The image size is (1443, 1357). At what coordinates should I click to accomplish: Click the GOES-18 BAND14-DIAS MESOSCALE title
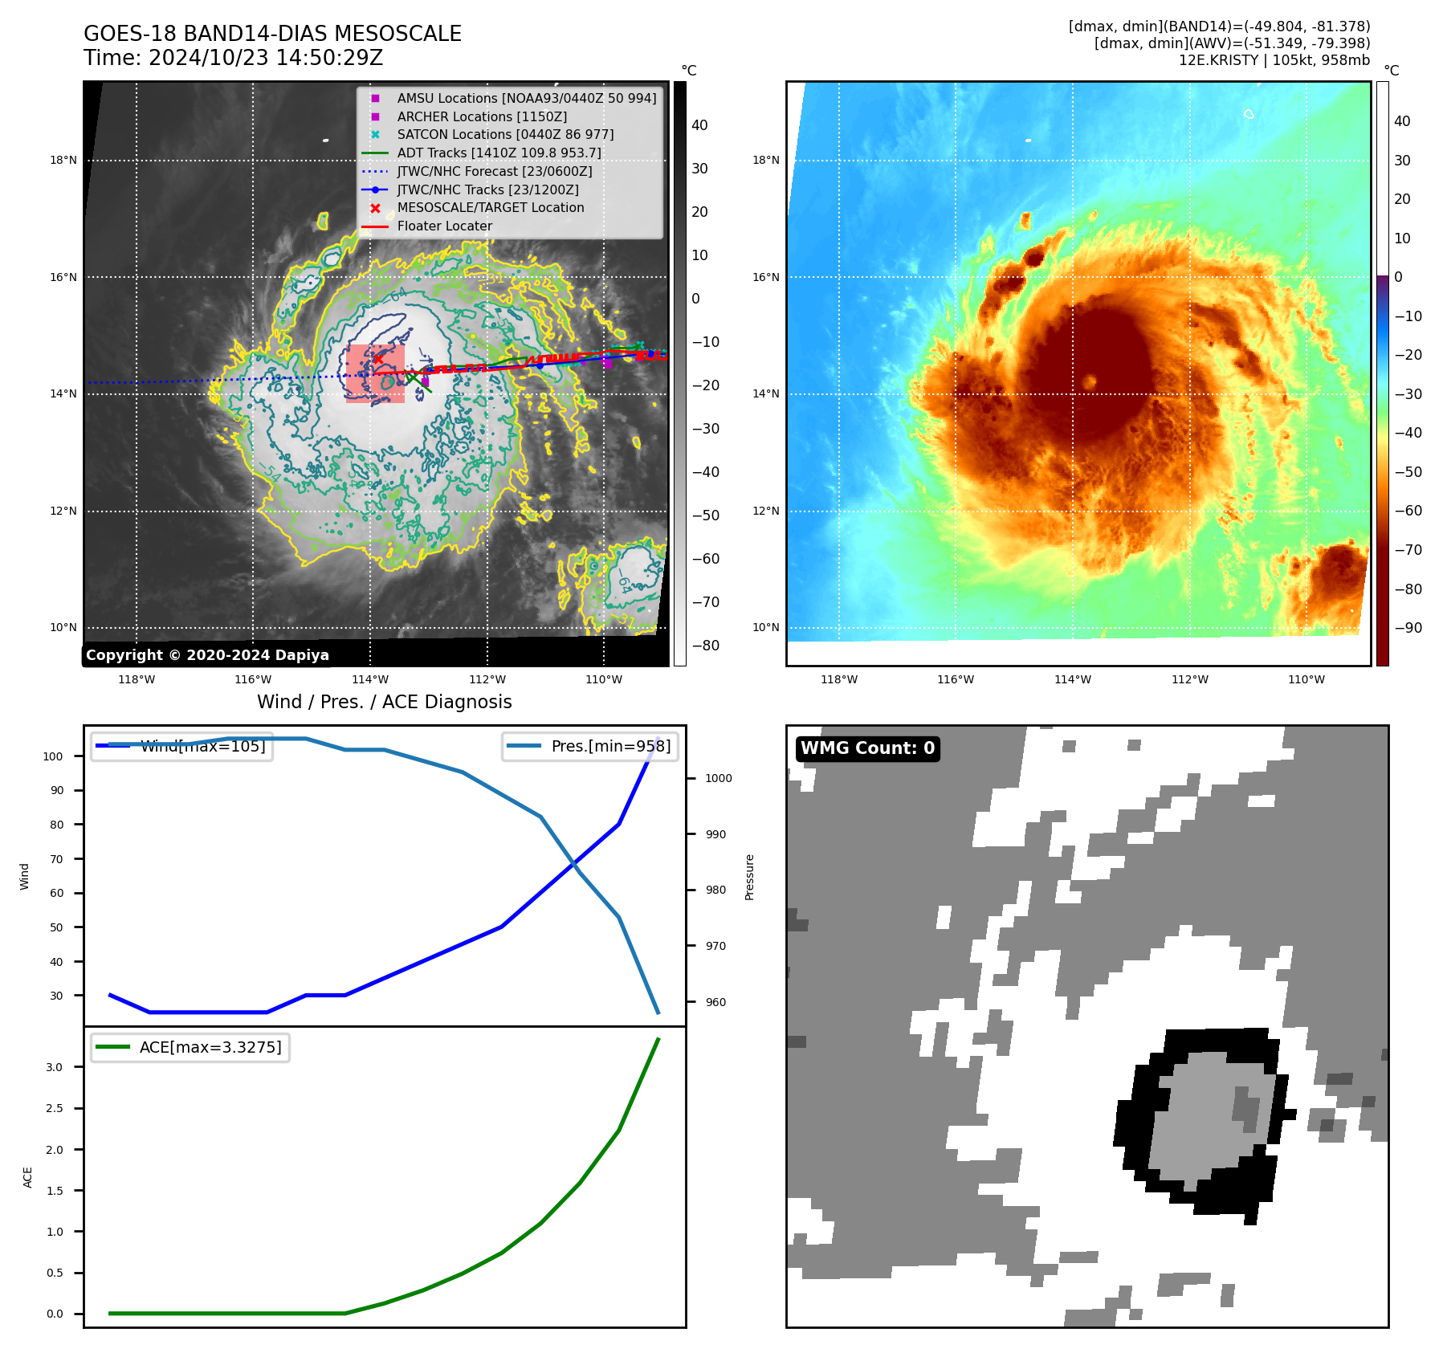[x=272, y=34]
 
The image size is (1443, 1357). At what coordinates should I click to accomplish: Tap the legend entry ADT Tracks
[x=498, y=153]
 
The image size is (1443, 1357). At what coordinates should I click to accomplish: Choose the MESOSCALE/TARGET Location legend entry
[x=490, y=207]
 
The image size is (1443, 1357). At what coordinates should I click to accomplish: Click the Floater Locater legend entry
[x=444, y=226]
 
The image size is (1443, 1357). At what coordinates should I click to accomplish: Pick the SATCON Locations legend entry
[x=504, y=134]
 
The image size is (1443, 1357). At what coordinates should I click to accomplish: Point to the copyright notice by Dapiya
[x=207, y=655]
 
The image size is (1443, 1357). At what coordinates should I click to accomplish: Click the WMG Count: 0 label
[x=867, y=748]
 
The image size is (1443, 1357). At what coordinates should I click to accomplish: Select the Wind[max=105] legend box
[x=182, y=746]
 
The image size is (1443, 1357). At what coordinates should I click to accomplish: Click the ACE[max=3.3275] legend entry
[x=191, y=1047]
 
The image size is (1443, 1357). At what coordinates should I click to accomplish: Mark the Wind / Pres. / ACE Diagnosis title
[x=384, y=702]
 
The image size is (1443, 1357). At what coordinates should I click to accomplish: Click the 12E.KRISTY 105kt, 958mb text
[x=1274, y=60]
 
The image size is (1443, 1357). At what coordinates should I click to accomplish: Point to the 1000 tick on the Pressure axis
[x=718, y=778]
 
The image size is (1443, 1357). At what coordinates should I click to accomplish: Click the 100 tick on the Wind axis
[x=53, y=756]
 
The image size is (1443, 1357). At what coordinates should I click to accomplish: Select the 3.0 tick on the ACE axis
[x=55, y=1067]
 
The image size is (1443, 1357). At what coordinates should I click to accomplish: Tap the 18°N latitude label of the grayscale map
[x=63, y=160]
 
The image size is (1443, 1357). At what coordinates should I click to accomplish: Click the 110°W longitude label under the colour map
[x=1306, y=679]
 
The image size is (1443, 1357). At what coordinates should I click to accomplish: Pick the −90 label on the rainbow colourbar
[x=1408, y=628]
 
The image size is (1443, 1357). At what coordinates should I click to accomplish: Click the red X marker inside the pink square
[x=377, y=359]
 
